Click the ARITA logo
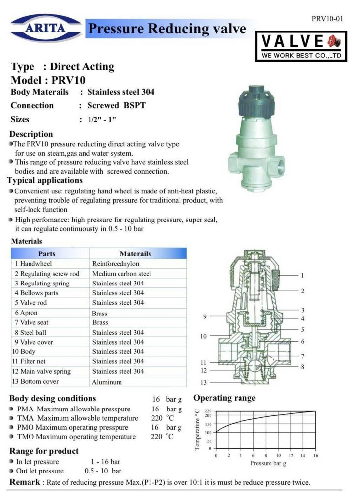[46, 28]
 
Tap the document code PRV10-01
[327, 19]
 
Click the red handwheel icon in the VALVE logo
[333, 41]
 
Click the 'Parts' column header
[47, 253]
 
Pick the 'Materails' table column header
[135, 253]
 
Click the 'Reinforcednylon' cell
[116, 264]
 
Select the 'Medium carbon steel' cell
[121, 274]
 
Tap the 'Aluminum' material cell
[107, 382]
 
